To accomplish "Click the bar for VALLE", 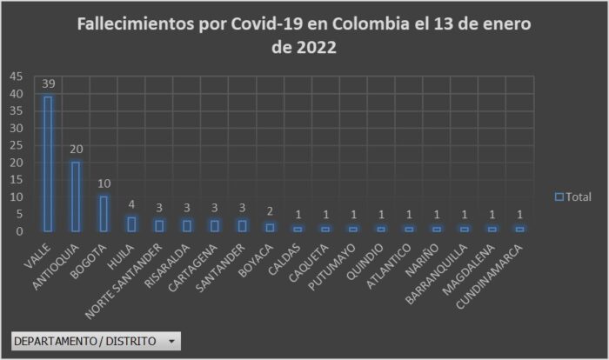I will point(48,163).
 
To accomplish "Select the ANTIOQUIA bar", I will point(76,197).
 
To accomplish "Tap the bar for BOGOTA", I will point(104,214).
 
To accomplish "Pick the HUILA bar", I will point(130,224).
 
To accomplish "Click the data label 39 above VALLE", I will point(48,84).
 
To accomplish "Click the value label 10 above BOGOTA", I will point(104,184).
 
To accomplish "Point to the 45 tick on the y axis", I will point(17,76).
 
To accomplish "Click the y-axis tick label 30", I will point(17,128).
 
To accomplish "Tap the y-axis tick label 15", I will point(17,179).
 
